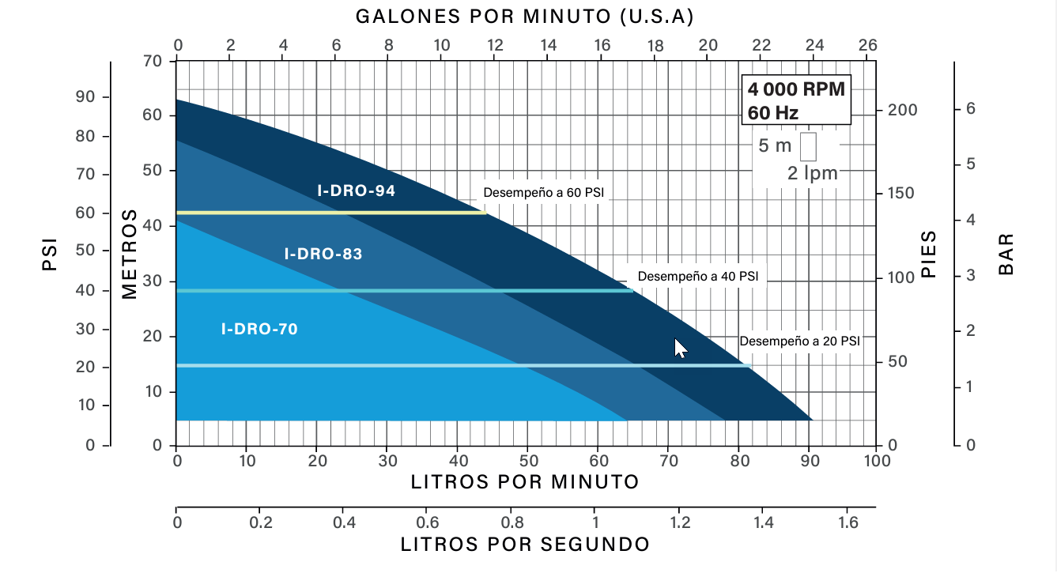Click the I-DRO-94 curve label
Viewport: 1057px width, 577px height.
coord(356,190)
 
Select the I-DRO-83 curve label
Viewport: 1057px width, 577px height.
coord(323,255)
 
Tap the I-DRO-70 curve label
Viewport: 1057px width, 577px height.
coord(259,329)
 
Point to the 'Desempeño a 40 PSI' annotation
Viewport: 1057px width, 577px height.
coord(697,277)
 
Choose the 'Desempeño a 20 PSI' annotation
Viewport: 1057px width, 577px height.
coord(799,341)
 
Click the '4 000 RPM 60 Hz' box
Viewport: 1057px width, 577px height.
coord(796,100)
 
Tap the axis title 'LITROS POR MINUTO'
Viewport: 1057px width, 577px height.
coord(525,482)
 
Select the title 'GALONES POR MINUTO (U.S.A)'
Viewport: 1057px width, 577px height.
coord(525,17)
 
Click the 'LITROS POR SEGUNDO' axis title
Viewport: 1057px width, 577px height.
coord(525,545)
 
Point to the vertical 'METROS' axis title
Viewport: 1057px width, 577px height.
coord(130,254)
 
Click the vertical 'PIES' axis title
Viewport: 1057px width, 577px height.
coord(929,254)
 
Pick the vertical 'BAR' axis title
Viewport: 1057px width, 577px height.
coord(1006,254)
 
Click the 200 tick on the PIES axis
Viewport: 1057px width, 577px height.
coord(901,109)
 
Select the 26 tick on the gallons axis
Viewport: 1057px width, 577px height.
coord(867,45)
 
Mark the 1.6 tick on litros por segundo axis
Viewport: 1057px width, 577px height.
coord(847,522)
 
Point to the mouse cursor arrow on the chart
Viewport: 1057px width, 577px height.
coord(680,348)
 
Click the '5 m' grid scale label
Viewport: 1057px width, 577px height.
coord(775,146)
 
